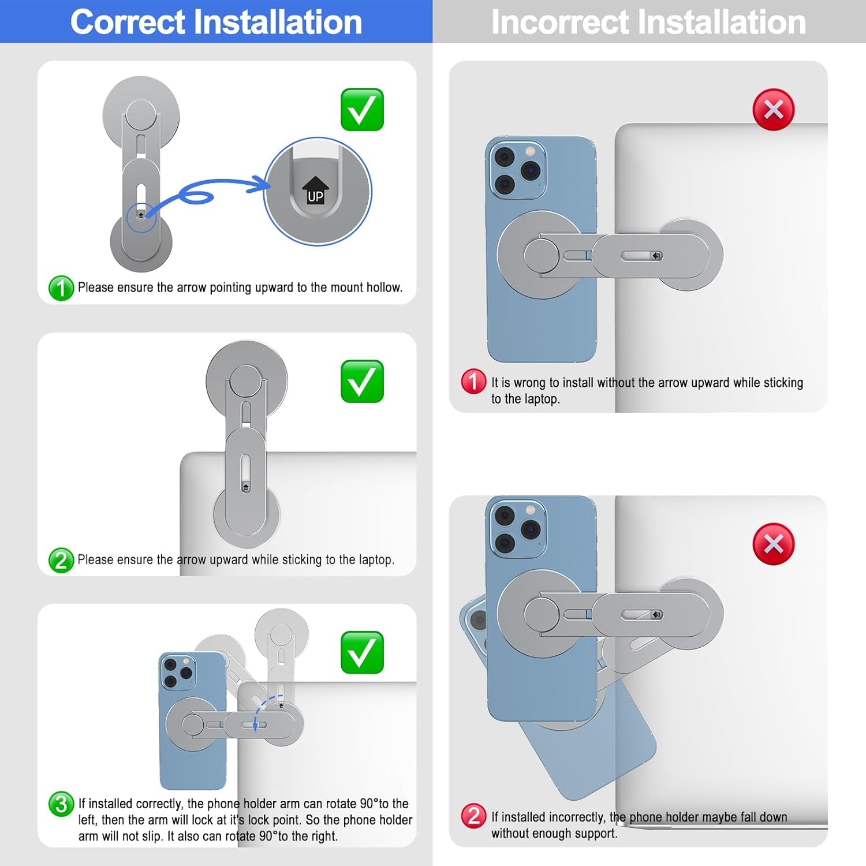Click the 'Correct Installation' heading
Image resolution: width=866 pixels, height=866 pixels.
216,22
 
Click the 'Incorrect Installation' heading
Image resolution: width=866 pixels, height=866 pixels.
648,22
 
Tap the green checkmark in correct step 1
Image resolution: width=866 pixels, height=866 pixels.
362,110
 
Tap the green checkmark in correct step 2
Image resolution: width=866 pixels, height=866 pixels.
362,381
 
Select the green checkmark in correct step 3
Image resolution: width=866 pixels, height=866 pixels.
362,652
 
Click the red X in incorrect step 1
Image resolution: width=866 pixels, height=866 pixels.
774,110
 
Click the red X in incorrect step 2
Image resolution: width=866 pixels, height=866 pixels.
774,544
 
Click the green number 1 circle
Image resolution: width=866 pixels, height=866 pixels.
61,288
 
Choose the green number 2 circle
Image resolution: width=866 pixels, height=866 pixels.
61,560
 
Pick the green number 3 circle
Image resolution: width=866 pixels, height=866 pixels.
61,804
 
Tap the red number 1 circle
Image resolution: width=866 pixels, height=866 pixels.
473,382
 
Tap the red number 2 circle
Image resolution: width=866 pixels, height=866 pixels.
473,816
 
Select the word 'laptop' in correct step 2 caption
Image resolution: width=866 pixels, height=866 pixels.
376,560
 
